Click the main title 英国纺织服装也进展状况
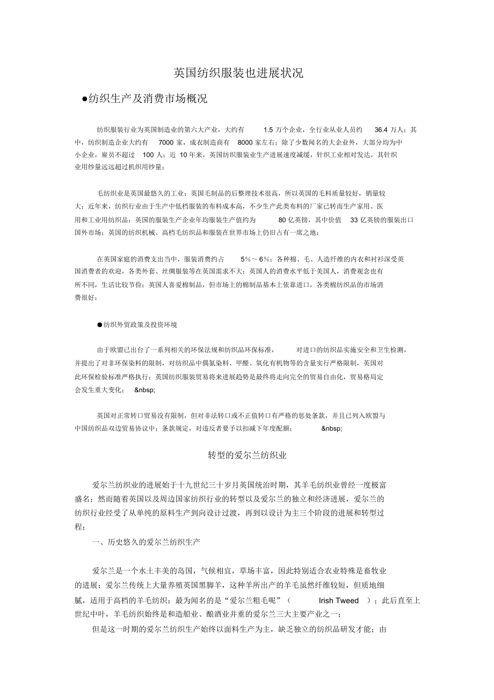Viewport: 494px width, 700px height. point(238,73)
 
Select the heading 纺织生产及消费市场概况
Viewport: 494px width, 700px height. point(148,99)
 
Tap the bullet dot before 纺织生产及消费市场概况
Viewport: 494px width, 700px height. point(84,99)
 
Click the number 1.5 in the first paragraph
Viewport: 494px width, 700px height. point(268,130)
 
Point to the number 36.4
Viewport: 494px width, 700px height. point(381,130)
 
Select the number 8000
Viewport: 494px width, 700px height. point(245,142)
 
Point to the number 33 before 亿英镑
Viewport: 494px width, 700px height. point(354,220)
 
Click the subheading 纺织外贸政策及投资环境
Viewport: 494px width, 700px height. point(140,324)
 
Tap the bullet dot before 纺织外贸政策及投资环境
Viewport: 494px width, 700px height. point(99,324)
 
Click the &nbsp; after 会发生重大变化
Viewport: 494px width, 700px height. point(144,389)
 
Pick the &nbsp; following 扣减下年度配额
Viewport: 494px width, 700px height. point(331,428)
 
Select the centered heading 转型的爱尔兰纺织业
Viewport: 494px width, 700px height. point(247,455)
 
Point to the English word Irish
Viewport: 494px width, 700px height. point(327,601)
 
